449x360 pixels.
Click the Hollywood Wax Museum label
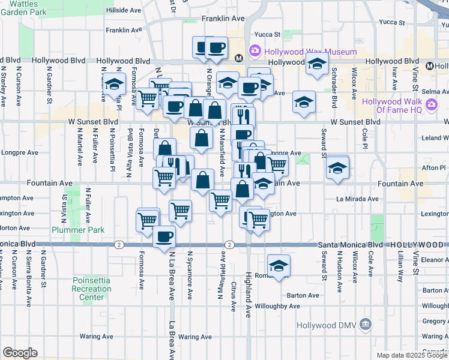point(312,52)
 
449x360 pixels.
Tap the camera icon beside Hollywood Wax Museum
point(255,51)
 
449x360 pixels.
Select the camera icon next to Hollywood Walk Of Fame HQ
point(431,106)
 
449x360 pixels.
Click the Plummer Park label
point(86,230)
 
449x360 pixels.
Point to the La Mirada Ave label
point(357,199)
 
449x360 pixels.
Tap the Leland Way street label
point(435,137)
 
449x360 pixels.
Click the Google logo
point(19,353)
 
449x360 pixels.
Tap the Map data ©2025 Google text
point(412,355)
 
